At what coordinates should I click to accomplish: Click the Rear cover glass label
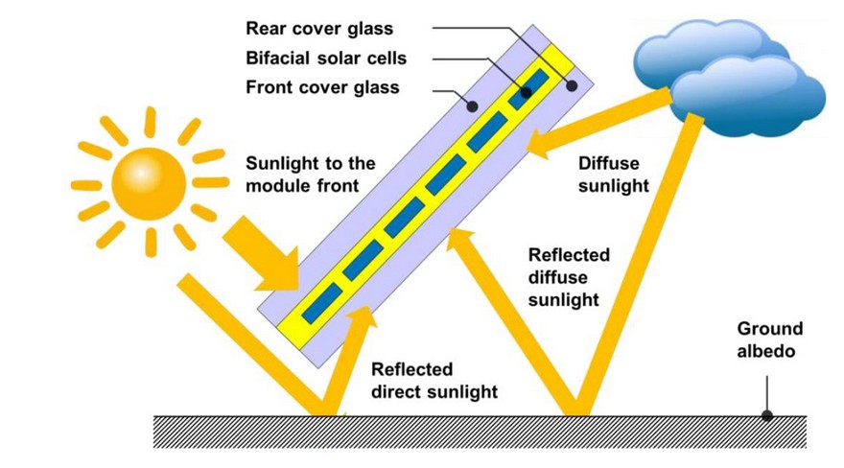(319, 29)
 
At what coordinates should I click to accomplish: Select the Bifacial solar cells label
(326, 58)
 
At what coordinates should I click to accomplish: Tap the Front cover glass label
(322, 88)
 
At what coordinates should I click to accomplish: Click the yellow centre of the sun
(143, 181)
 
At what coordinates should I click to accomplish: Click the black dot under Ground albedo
(766, 415)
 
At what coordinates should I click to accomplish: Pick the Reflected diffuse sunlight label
(569, 277)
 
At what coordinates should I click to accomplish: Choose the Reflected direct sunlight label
(434, 381)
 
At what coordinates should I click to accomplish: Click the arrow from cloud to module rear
(585, 126)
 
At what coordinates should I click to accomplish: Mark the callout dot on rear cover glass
(573, 85)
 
